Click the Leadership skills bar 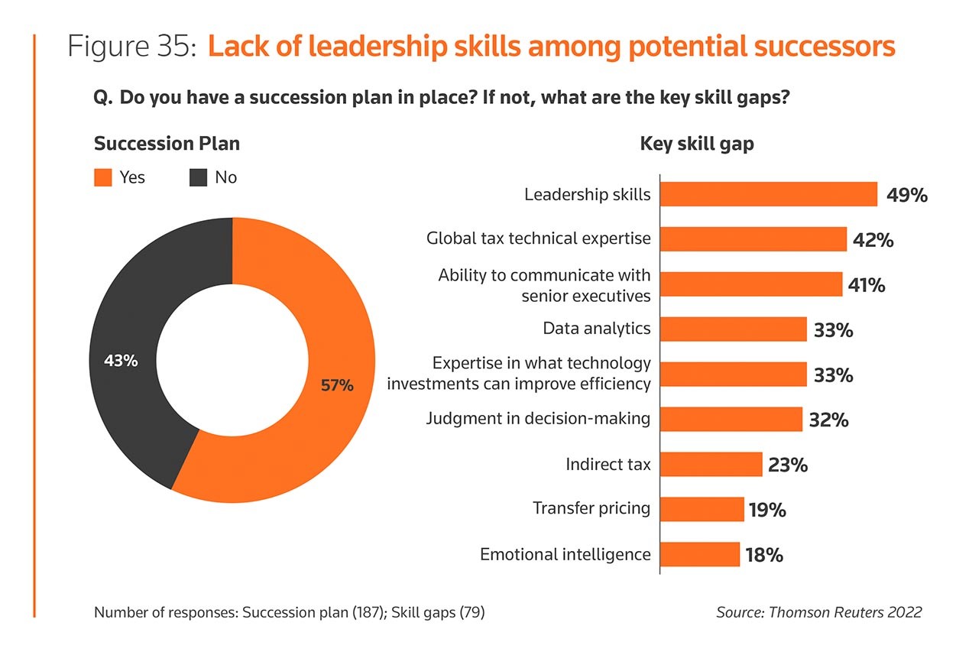768,194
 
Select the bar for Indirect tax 711,464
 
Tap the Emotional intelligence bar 699,554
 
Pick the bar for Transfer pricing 701,509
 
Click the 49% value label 906,195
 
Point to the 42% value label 873,240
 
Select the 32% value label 828,420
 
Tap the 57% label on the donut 337,386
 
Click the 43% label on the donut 121,361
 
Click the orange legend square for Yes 102,177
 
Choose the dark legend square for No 198,177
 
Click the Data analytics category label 597,329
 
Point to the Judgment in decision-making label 538,419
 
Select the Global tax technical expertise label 538,238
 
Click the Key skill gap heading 696,144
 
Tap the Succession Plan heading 167,144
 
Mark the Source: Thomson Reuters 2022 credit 818,611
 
